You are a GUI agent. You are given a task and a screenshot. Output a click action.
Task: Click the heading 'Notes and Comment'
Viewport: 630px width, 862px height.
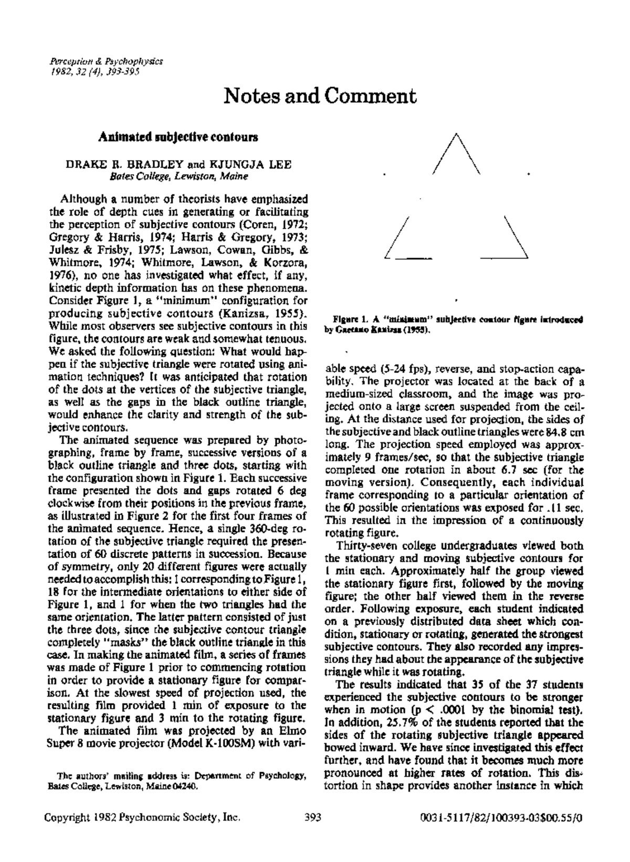(x=320, y=96)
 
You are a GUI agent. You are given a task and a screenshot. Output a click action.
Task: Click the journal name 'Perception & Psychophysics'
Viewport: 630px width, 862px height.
(x=106, y=61)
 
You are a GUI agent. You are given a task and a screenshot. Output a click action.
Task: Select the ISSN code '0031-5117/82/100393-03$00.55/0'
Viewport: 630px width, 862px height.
(x=502, y=832)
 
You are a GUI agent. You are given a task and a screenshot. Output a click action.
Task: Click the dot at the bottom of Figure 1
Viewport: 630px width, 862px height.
(x=456, y=301)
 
